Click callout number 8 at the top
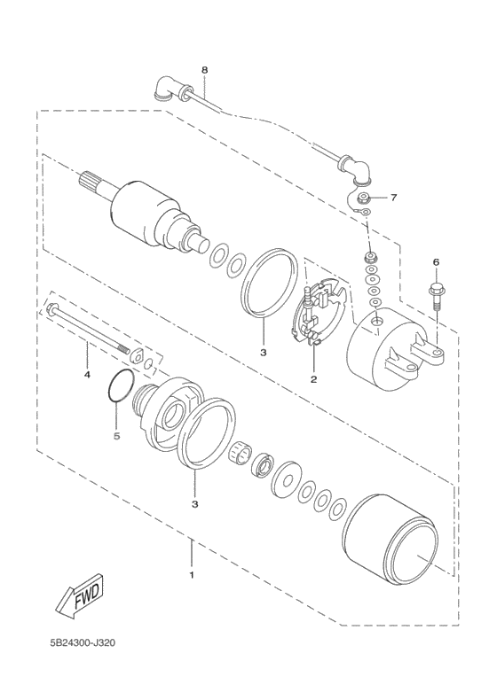[x=204, y=68]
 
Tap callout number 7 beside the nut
[x=394, y=197]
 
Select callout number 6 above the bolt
[x=436, y=262]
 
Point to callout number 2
[x=313, y=379]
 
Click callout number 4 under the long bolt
[x=87, y=374]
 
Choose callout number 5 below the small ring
[x=114, y=435]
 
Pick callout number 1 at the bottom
[x=191, y=575]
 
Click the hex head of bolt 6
[x=436, y=289]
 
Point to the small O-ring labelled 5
[x=120, y=387]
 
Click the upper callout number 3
[x=263, y=352]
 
